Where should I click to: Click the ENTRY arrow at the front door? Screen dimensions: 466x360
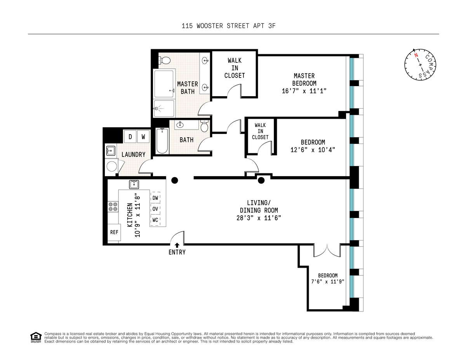(x=177, y=245)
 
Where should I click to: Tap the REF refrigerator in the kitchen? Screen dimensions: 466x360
(x=114, y=232)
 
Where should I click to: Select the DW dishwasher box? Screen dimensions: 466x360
(x=155, y=198)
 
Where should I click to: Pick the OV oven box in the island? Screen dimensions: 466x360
(x=155, y=209)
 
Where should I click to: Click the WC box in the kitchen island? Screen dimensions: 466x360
(x=155, y=220)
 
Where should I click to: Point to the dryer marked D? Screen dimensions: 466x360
(x=130, y=137)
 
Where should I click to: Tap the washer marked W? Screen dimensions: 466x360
(x=143, y=137)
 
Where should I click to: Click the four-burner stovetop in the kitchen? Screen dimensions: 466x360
(x=113, y=206)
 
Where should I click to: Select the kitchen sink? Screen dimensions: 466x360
(x=134, y=184)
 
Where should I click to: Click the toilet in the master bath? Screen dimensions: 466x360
(x=164, y=60)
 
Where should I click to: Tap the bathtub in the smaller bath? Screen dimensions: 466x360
(x=162, y=141)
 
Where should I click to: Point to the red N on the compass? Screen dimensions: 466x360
(x=416, y=55)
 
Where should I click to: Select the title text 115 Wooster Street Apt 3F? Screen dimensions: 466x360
(x=229, y=26)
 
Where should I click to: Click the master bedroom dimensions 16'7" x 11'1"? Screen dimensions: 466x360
(x=304, y=91)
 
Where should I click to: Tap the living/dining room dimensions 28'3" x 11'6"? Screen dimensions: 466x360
(x=259, y=218)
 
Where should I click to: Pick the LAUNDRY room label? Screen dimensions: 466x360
(x=133, y=154)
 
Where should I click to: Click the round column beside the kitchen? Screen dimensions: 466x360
(x=175, y=180)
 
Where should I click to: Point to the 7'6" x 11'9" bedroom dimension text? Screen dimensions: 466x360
(x=328, y=281)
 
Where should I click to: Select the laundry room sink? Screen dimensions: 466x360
(x=111, y=151)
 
